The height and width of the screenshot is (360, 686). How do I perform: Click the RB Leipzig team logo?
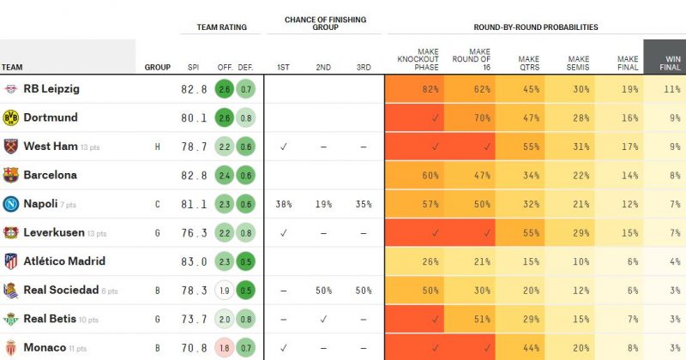(x=11, y=88)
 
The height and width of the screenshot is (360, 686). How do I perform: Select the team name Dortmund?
(x=51, y=117)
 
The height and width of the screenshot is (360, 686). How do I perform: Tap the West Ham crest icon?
(x=11, y=146)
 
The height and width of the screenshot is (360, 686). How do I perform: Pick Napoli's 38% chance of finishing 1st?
(x=283, y=204)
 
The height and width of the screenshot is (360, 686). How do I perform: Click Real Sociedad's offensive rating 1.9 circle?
(x=225, y=291)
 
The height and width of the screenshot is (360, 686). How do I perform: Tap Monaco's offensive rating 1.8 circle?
(x=225, y=348)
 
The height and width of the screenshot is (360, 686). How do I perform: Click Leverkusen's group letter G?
(x=158, y=233)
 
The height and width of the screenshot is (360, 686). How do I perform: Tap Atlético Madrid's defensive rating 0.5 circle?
(x=246, y=261)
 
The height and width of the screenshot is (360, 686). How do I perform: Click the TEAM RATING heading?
(x=221, y=27)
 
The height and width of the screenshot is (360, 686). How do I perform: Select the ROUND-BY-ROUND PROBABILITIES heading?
(x=536, y=27)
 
